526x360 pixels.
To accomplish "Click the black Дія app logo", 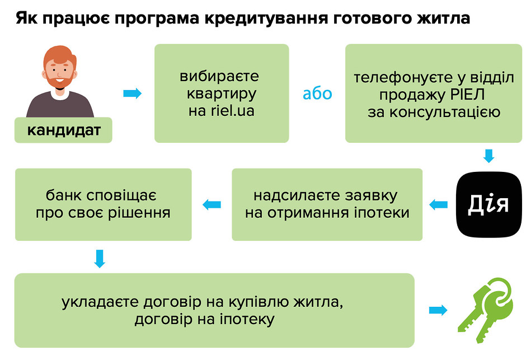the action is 489,204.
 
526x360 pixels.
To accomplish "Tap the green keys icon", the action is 485,310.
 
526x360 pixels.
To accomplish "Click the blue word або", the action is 317,93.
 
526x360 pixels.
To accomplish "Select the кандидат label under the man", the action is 63,130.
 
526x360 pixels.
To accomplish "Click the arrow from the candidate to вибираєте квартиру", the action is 133,93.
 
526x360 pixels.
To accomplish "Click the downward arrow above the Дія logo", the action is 489,156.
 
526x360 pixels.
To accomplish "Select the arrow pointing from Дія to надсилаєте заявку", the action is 439,204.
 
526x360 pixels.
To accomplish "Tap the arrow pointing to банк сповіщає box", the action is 212,204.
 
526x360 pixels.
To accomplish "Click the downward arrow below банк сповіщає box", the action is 100,258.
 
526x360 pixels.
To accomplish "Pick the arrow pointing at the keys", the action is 438,310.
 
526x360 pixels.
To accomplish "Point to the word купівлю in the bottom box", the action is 257,302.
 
